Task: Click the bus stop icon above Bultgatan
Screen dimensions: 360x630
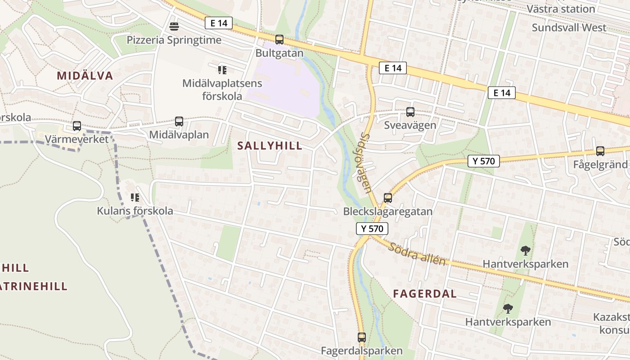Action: pyautogui.click(x=279, y=40)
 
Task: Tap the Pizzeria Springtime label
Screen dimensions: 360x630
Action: pyautogui.click(x=174, y=40)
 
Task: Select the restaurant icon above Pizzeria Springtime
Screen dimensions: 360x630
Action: pyautogui.click(x=174, y=27)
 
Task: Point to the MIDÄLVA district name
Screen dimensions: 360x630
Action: pyautogui.click(x=85, y=76)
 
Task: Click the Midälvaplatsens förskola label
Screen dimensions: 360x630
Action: pyautogui.click(x=222, y=90)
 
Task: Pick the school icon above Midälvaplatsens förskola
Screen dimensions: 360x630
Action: pyautogui.click(x=222, y=70)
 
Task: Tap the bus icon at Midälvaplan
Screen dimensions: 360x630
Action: pyautogui.click(x=179, y=121)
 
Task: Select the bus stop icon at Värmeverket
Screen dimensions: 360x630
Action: pyautogui.click(x=77, y=126)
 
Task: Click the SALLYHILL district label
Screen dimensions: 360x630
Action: pyautogui.click(x=270, y=146)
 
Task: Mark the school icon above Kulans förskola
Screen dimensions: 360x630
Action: pyautogui.click(x=135, y=198)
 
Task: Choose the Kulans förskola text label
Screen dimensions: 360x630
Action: pyautogui.click(x=135, y=211)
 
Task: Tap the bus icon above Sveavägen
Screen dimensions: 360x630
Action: pyautogui.click(x=410, y=112)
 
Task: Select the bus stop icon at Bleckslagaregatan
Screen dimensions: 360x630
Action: pyautogui.click(x=387, y=198)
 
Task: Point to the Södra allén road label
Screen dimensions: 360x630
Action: pyautogui.click(x=418, y=254)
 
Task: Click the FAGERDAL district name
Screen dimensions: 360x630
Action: pyautogui.click(x=425, y=294)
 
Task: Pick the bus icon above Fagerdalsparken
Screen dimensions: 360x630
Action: pyautogui.click(x=362, y=337)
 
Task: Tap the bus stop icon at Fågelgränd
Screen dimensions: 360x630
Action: pyautogui.click(x=600, y=151)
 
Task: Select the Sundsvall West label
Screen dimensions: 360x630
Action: pyautogui.click(x=569, y=27)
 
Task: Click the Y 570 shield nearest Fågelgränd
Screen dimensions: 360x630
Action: pyautogui.click(x=484, y=161)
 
